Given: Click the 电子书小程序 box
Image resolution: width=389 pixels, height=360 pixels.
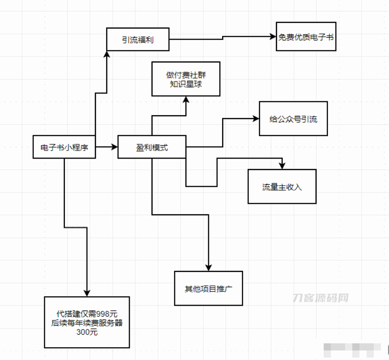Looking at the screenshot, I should click(x=64, y=148).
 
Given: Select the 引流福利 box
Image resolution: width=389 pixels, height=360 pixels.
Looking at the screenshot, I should click(x=137, y=40).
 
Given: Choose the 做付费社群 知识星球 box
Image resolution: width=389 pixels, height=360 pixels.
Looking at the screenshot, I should click(x=186, y=79).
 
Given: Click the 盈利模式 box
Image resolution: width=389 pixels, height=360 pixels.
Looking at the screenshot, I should click(x=152, y=148).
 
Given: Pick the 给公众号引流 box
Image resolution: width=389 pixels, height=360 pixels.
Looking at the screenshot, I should click(x=293, y=119).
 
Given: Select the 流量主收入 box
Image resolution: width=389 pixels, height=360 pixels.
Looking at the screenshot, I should click(x=282, y=187).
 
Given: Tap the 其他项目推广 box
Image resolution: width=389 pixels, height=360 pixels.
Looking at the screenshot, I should click(x=208, y=289).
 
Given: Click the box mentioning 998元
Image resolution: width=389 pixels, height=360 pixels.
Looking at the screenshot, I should click(x=87, y=322).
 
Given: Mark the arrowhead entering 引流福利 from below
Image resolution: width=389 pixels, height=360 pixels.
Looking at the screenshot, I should click(x=107, y=55).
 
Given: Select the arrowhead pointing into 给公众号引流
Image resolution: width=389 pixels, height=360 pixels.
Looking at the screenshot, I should click(x=256, y=119).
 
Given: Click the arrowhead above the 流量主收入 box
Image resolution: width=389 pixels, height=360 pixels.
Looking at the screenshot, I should click(x=282, y=166).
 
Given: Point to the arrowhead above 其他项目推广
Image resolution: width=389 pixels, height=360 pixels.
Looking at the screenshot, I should click(x=208, y=268).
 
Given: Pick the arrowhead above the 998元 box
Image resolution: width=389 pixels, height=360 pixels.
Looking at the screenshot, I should click(x=87, y=293).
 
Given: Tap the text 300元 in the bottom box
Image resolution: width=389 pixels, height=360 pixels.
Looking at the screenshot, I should click(x=87, y=332).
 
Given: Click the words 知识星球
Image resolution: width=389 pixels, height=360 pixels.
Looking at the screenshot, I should click(x=186, y=84).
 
